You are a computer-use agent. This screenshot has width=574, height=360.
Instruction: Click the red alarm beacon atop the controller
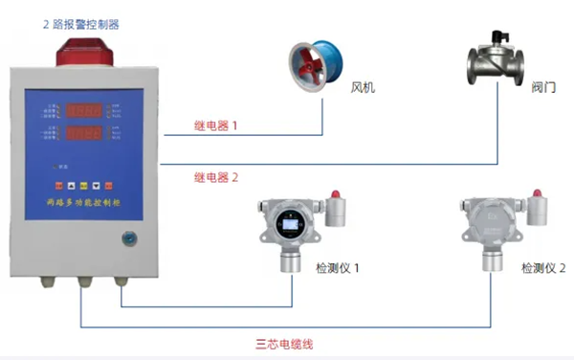coord(87,52)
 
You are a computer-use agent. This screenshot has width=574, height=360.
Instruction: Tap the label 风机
coord(364,88)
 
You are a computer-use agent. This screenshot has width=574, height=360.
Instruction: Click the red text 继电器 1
coord(214,125)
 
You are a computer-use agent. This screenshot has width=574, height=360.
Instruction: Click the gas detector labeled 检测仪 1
coord(290,230)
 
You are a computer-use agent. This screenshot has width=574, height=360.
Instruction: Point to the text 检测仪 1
coord(338,268)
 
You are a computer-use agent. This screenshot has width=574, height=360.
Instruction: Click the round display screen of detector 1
coord(289,226)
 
